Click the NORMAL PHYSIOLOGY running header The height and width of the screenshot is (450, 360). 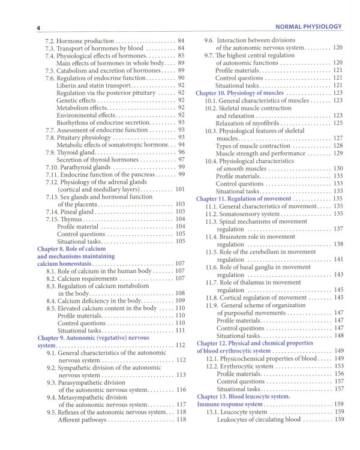tap(307, 26)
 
